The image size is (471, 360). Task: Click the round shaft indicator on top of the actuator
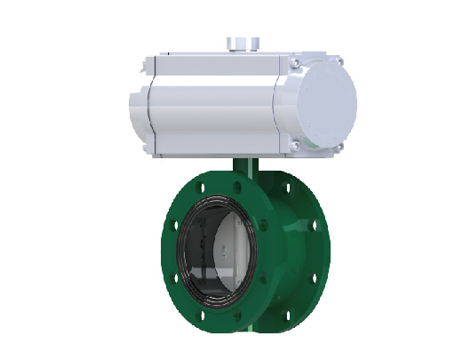[240, 43]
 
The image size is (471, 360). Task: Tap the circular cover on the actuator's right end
[322, 103]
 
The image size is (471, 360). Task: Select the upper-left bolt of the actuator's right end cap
[294, 61]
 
